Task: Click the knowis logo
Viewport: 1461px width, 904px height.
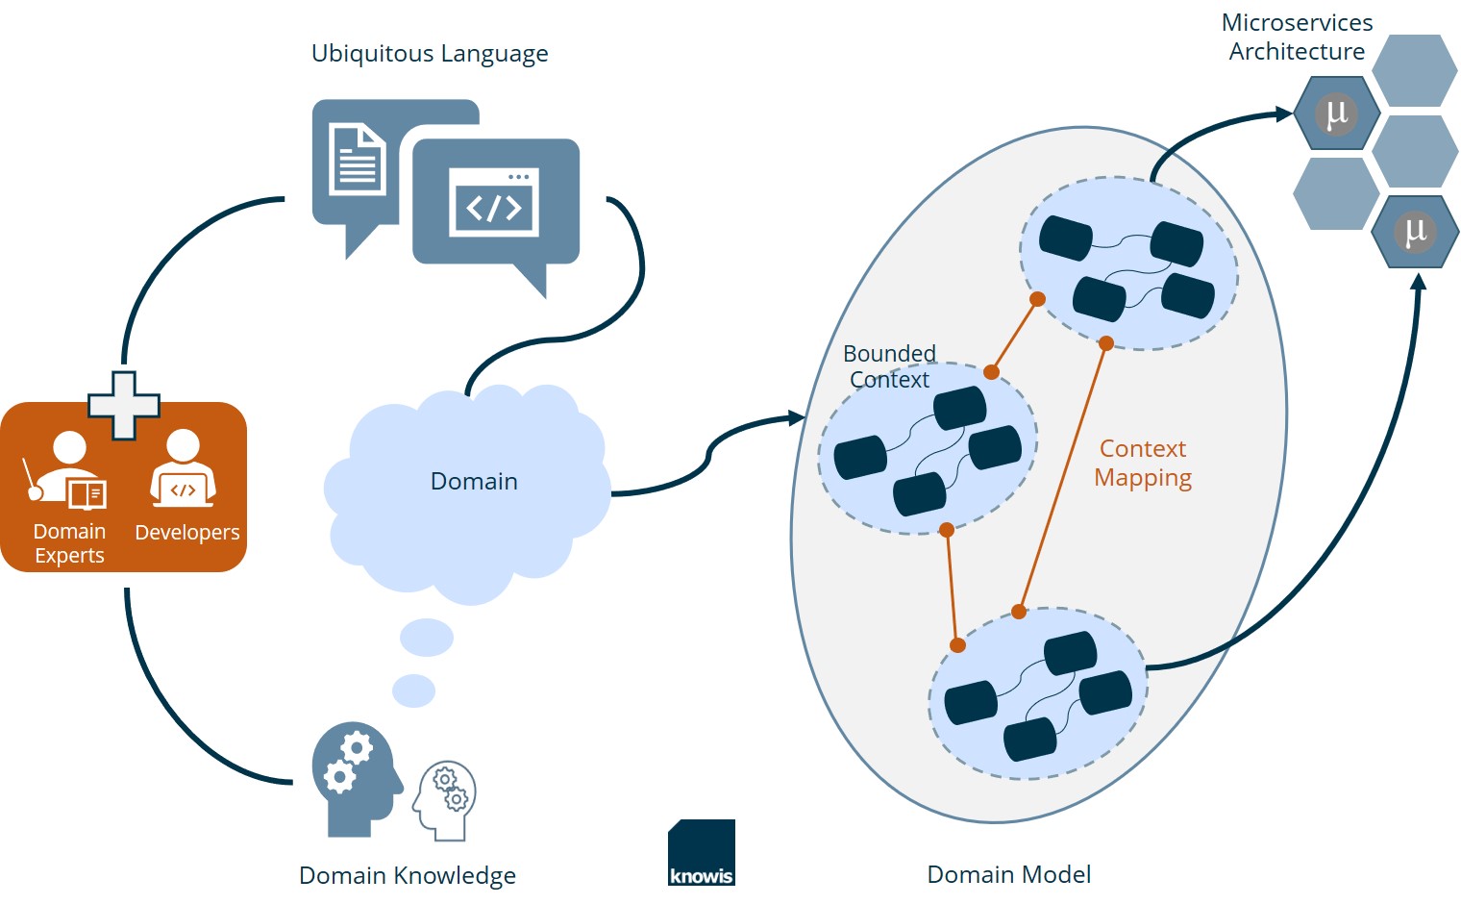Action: [x=702, y=853]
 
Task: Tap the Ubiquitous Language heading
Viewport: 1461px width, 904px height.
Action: [x=430, y=54]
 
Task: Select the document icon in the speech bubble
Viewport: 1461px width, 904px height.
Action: [x=357, y=159]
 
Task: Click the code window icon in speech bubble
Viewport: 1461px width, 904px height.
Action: [x=494, y=202]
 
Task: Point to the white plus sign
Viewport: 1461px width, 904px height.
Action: [x=124, y=405]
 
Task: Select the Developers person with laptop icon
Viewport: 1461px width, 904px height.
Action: [x=183, y=469]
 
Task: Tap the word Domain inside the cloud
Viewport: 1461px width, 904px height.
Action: [x=474, y=482]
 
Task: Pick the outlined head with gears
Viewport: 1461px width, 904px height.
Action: [x=445, y=799]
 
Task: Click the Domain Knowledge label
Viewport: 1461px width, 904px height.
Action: [x=408, y=876]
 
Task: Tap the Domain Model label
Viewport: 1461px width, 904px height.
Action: [x=1008, y=875]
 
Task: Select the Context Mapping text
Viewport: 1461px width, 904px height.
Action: [x=1143, y=464]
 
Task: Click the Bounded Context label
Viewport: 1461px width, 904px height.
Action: [x=889, y=366]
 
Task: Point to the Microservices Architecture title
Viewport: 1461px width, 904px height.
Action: [x=1297, y=37]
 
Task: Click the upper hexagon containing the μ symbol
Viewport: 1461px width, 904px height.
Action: [x=1336, y=113]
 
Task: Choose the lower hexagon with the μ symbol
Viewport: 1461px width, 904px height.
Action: [x=1414, y=232]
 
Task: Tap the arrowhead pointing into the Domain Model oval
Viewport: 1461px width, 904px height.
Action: [x=797, y=417]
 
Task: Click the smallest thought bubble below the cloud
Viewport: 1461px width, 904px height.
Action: [x=414, y=691]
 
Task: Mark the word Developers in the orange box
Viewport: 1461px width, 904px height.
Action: [x=187, y=533]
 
